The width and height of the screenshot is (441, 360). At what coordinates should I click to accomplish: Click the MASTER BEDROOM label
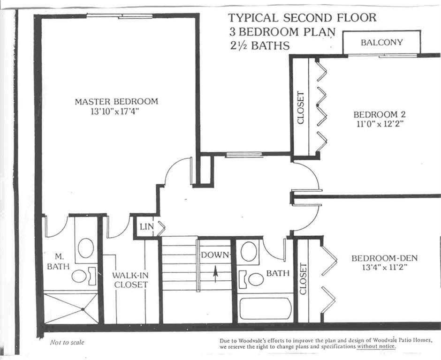point(116,101)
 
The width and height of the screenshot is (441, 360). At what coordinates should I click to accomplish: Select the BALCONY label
point(382,43)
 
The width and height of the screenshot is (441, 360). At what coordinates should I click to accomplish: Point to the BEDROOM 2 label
point(380,114)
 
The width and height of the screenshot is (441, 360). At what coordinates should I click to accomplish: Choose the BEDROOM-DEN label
point(385,258)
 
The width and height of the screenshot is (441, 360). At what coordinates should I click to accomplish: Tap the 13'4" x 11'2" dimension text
point(385,267)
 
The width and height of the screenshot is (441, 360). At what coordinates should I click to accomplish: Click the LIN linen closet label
point(146,226)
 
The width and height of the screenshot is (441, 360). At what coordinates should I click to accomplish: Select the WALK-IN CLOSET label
point(130,280)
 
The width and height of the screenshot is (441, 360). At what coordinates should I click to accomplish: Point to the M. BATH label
point(58,262)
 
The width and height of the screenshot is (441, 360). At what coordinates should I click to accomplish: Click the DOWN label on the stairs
point(215,255)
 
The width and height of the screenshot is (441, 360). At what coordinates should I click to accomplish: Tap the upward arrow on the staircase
point(215,274)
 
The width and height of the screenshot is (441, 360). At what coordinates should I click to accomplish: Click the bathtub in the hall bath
point(265,308)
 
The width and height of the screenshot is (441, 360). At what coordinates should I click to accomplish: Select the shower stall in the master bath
point(71,309)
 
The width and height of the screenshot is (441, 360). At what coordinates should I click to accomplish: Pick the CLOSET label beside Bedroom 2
point(301,108)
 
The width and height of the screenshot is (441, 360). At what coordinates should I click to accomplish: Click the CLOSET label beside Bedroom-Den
point(303,279)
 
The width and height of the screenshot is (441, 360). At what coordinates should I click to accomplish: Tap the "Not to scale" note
point(67,342)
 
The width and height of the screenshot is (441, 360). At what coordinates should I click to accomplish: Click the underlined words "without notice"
point(376,346)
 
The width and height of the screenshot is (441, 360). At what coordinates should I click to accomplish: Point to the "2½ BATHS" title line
point(259,45)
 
